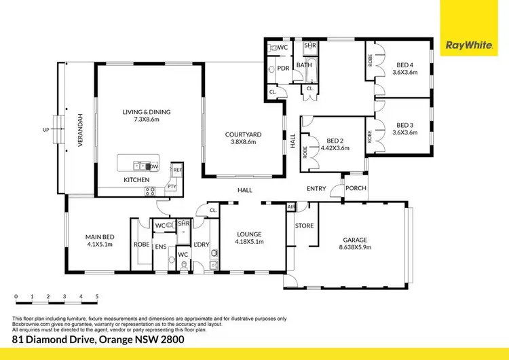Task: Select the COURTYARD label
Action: pyautogui.click(x=243, y=134)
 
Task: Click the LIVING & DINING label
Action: pyautogui.click(x=146, y=112)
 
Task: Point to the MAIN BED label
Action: pyautogui.click(x=98, y=236)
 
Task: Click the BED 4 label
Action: pyautogui.click(x=405, y=66)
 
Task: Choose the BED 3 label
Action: pyautogui.click(x=405, y=124)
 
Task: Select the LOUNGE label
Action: pyautogui.click(x=248, y=234)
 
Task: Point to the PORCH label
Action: pyautogui.click(x=356, y=189)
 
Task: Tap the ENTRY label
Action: pyautogui.click(x=316, y=189)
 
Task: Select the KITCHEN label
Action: pyautogui.click(x=136, y=179)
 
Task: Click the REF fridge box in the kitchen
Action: pyautogui.click(x=177, y=170)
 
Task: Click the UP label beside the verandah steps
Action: pyautogui.click(x=46, y=129)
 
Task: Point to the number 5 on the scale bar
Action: pyautogui.click(x=97, y=298)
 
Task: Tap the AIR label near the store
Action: pyautogui.click(x=291, y=206)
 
